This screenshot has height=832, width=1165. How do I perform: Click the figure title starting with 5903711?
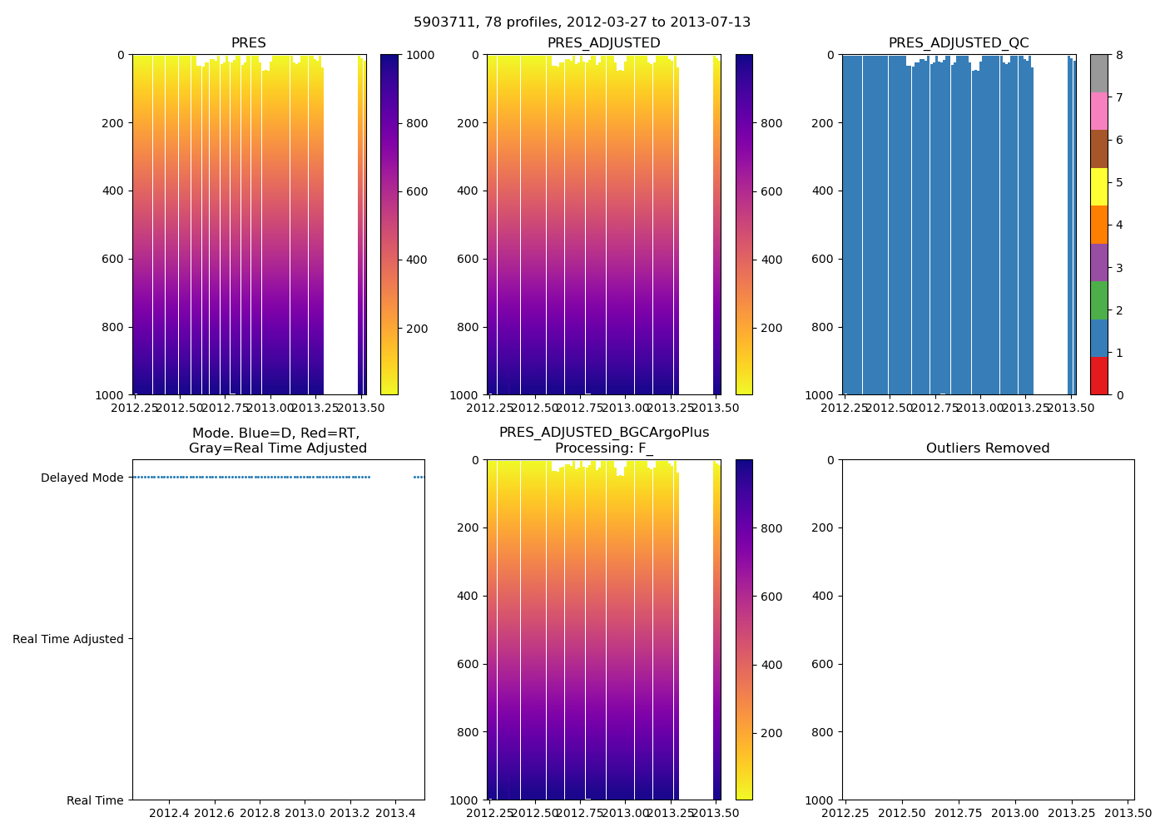tap(582, 22)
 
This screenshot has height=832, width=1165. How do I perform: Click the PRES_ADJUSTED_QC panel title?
tap(959, 43)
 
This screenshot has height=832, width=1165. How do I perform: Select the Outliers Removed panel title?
tap(988, 448)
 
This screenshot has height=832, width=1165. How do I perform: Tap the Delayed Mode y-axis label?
tap(82, 478)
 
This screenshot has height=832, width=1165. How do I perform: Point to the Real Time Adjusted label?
tap(68, 639)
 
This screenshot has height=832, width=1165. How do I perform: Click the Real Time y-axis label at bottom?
tap(95, 800)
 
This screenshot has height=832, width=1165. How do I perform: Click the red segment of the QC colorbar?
tap(1098, 375)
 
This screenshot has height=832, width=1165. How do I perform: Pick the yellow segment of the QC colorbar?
tap(1098, 186)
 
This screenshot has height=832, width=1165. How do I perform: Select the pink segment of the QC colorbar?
tap(1098, 111)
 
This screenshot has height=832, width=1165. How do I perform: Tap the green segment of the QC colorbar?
tap(1098, 300)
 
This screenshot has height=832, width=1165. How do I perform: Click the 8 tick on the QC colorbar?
tap(1119, 55)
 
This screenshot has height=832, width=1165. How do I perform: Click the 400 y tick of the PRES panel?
tap(114, 191)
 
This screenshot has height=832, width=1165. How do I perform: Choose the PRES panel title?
tap(248, 43)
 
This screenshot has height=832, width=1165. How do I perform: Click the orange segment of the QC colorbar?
tap(1098, 224)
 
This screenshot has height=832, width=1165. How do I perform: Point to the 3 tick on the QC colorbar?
tap(1119, 267)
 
